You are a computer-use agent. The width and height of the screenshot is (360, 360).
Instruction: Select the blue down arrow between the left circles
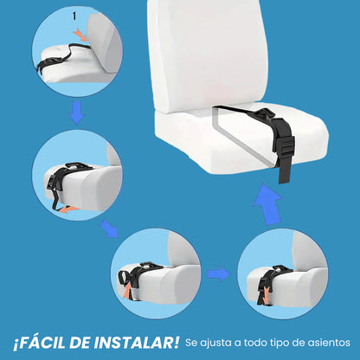tap(76, 112)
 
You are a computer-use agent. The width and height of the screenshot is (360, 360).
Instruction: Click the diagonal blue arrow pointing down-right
tap(110, 230)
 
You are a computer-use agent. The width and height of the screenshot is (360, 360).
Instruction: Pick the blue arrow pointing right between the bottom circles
tap(219, 273)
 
